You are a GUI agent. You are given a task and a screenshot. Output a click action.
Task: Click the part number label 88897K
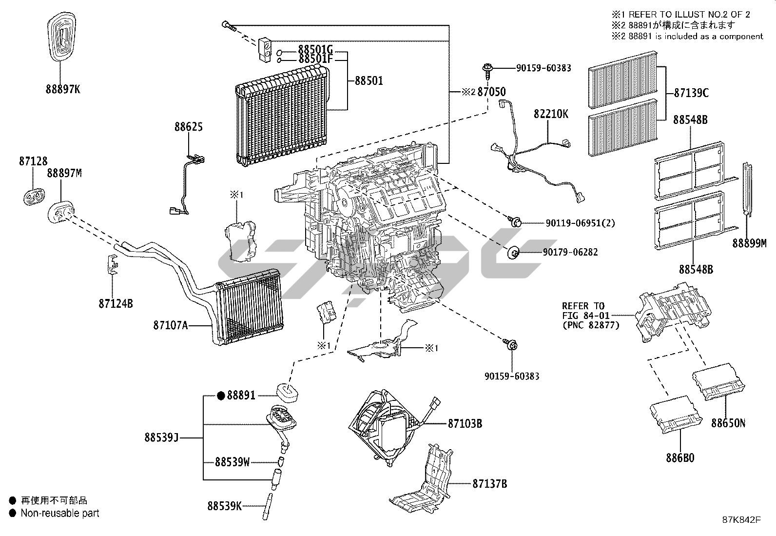[62, 89]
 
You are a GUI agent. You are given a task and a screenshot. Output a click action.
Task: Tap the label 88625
[189, 127]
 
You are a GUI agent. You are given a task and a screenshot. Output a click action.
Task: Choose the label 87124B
[116, 303]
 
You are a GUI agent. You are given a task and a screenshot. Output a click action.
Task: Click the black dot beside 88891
[221, 396]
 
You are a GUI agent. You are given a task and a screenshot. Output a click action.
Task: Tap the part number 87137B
[489, 484]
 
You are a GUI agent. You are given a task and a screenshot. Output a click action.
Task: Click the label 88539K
[224, 506]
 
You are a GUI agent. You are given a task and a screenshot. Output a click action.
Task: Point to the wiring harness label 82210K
[551, 114]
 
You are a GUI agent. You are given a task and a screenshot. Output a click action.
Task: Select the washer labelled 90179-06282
[513, 253]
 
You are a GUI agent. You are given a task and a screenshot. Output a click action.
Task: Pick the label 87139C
[691, 93]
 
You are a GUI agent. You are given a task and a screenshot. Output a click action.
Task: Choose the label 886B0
[679, 458]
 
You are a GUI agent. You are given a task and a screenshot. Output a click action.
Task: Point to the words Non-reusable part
[60, 513]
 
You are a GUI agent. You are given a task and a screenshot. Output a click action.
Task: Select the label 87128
[34, 160]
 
